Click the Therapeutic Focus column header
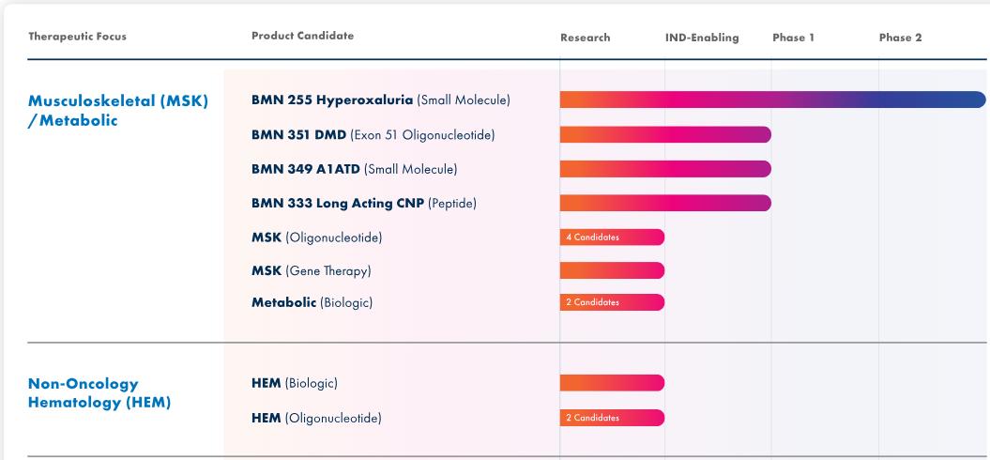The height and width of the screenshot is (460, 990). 77,37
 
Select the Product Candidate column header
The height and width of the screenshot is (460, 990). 302,36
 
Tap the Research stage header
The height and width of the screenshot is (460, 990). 585,38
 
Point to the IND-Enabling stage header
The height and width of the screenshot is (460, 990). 702,38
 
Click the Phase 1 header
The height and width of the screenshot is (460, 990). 793,38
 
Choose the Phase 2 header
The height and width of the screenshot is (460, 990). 900,38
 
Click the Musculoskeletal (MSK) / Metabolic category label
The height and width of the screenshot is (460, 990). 118,110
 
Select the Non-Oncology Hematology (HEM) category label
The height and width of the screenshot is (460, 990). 99,392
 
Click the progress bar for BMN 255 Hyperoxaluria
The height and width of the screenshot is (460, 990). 772,100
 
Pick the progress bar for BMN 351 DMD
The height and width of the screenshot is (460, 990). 665,134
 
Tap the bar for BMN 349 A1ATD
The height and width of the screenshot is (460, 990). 665,169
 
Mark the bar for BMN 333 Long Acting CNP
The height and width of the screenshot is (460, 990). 665,203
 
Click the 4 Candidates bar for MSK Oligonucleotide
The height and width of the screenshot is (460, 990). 612,238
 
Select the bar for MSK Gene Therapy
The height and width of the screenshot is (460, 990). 612,270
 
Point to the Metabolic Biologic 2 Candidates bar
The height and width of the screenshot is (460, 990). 612,302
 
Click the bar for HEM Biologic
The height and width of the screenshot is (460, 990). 612,383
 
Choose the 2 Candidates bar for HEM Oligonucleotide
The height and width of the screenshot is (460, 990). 612,418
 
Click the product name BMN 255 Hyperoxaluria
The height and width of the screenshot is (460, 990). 332,100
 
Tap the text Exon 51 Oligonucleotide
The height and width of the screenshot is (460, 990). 422,135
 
